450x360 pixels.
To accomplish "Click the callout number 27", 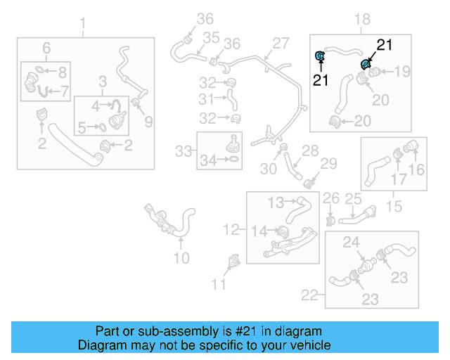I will [281, 43].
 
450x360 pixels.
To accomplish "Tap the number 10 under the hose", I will [181, 258].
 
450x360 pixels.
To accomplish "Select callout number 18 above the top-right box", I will [364, 19].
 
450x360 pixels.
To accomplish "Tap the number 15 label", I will [394, 207].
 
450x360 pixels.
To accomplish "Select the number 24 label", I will [351, 243].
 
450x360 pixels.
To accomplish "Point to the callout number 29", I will [330, 164].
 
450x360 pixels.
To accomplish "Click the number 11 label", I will [220, 284].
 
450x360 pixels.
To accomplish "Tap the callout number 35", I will [210, 37].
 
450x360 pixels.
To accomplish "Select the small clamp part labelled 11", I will [233, 265].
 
